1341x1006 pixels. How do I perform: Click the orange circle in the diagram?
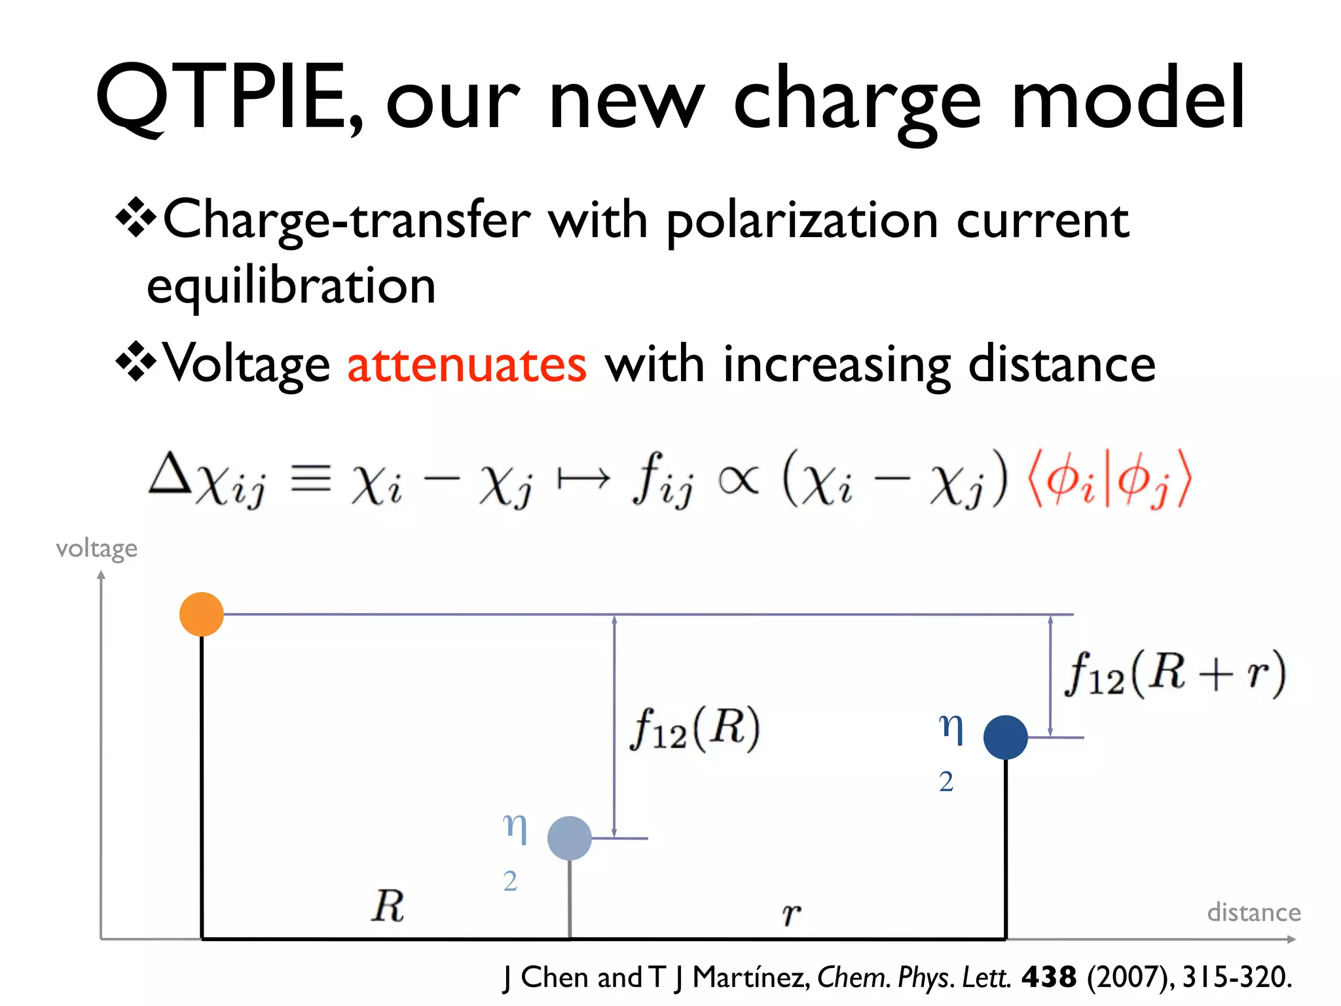coord(202,614)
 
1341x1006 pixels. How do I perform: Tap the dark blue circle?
coord(1005,737)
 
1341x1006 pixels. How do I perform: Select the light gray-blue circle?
coord(569,838)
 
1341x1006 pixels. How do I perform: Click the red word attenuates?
coord(466,365)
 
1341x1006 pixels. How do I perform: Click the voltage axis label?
coord(96,548)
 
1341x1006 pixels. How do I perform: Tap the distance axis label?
coord(1253,912)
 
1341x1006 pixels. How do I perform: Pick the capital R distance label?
coord(388,906)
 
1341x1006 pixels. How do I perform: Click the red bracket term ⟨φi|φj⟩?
coord(1109,479)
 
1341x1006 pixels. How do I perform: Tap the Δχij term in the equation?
coord(208,479)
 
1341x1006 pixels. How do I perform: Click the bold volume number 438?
coord(1048,977)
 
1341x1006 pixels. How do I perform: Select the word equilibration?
coord(291,286)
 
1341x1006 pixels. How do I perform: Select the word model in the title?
coord(1128,98)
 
